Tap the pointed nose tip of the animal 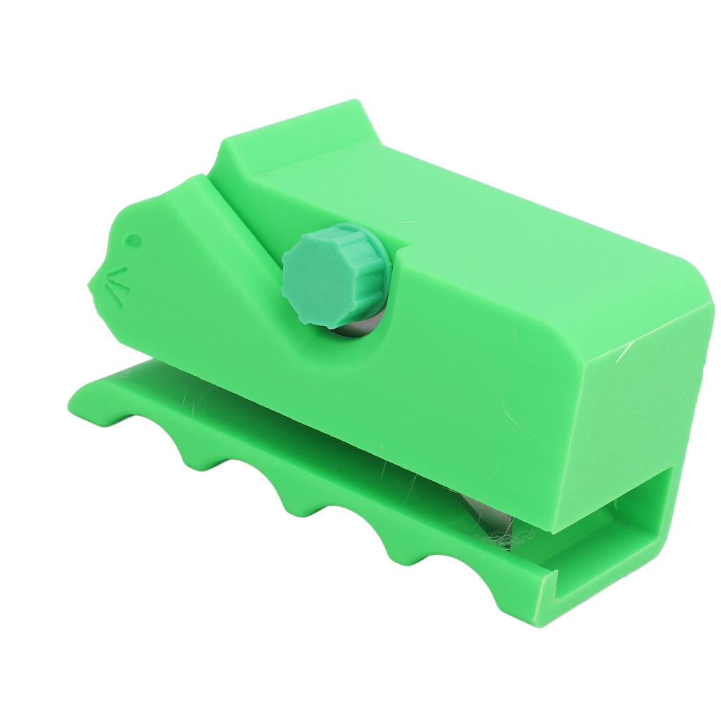(x=90, y=284)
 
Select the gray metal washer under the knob (x=351, y=328)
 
